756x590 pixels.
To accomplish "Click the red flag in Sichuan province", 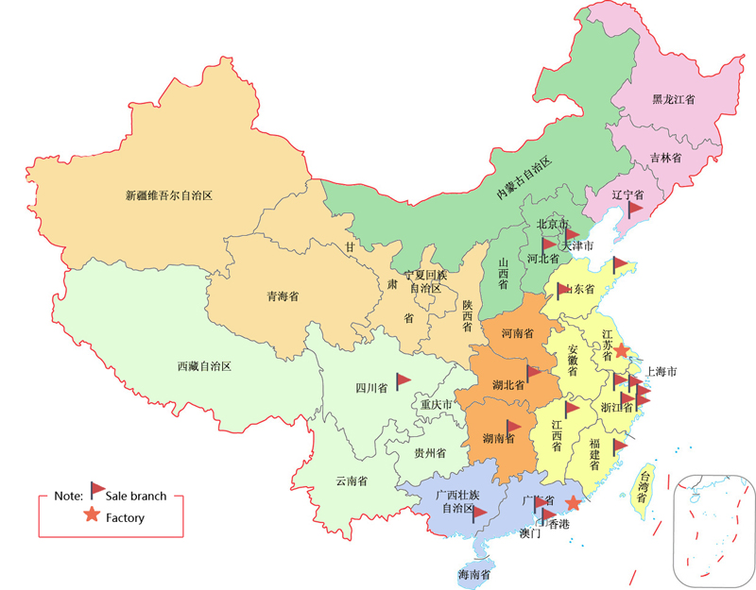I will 403,380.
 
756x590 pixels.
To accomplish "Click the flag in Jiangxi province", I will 572,410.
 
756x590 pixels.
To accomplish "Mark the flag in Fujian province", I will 619,447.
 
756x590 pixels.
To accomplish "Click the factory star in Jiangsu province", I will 621,350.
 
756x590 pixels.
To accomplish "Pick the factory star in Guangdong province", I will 573,503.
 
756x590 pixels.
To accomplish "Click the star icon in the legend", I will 91,515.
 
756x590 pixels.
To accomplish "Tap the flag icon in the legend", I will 97,489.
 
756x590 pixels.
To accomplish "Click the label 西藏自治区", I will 204,366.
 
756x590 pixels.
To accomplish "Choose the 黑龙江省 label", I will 674,98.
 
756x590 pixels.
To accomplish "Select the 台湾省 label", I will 642,485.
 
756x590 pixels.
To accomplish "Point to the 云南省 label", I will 352,480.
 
